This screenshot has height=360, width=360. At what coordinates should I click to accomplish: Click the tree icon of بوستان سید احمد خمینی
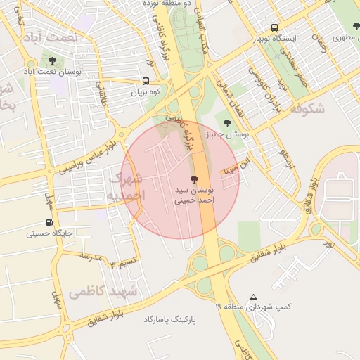(194, 180)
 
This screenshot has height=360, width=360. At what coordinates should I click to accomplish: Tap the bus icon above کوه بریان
(146, 81)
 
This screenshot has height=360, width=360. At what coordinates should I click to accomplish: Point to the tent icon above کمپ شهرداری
(253, 297)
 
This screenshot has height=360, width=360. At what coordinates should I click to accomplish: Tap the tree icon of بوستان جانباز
(226, 123)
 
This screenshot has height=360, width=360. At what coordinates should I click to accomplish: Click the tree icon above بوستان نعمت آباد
(53, 60)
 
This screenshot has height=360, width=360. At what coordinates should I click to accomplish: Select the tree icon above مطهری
(356, 26)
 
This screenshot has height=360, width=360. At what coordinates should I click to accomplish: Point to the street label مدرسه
(91, 256)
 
